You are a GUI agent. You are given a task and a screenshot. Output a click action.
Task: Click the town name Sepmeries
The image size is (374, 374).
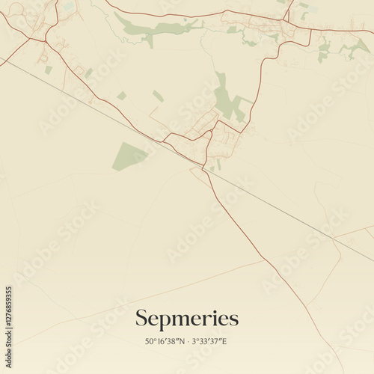(x=187, y=319)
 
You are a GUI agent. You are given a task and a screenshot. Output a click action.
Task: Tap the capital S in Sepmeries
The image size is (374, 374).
(x=141, y=319)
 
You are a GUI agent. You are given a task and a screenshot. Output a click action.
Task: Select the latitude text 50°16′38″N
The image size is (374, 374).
(x=165, y=342)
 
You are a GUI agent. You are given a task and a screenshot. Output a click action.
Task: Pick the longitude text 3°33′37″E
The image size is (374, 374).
(x=209, y=342)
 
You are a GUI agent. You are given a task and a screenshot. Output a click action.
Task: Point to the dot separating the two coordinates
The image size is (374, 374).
(x=187, y=342)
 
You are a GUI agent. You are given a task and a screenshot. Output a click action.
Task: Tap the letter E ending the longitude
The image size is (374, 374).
(x=225, y=342)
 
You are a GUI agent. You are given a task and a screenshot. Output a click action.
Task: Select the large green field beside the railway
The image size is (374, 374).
(x=129, y=156)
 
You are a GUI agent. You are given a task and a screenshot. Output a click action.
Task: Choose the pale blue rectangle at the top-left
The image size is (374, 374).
(x=69, y=6)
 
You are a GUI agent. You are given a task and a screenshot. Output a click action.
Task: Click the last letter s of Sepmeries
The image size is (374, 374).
(x=234, y=319)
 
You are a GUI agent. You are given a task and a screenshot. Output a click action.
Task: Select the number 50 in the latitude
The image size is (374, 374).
(x=149, y=342)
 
